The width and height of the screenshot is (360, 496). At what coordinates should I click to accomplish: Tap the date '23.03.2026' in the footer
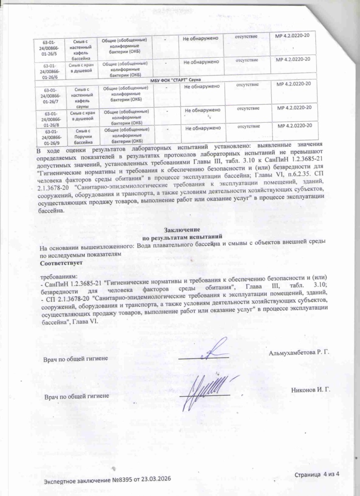tap(153, 479)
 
